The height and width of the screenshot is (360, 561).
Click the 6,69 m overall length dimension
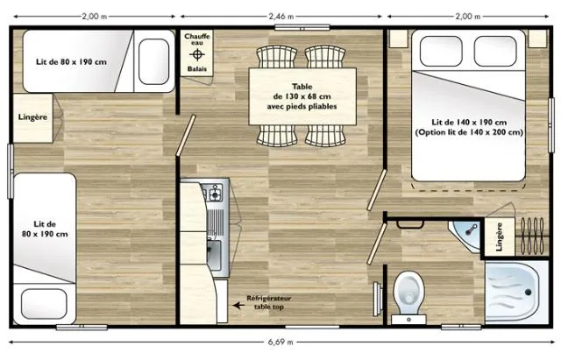281,342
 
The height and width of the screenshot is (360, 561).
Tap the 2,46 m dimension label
281,16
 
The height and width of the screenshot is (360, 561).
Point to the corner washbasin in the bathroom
467,232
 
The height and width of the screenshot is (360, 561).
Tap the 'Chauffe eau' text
195,39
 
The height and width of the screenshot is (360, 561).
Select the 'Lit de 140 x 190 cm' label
470,122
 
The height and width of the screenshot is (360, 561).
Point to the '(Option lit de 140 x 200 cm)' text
470,132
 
